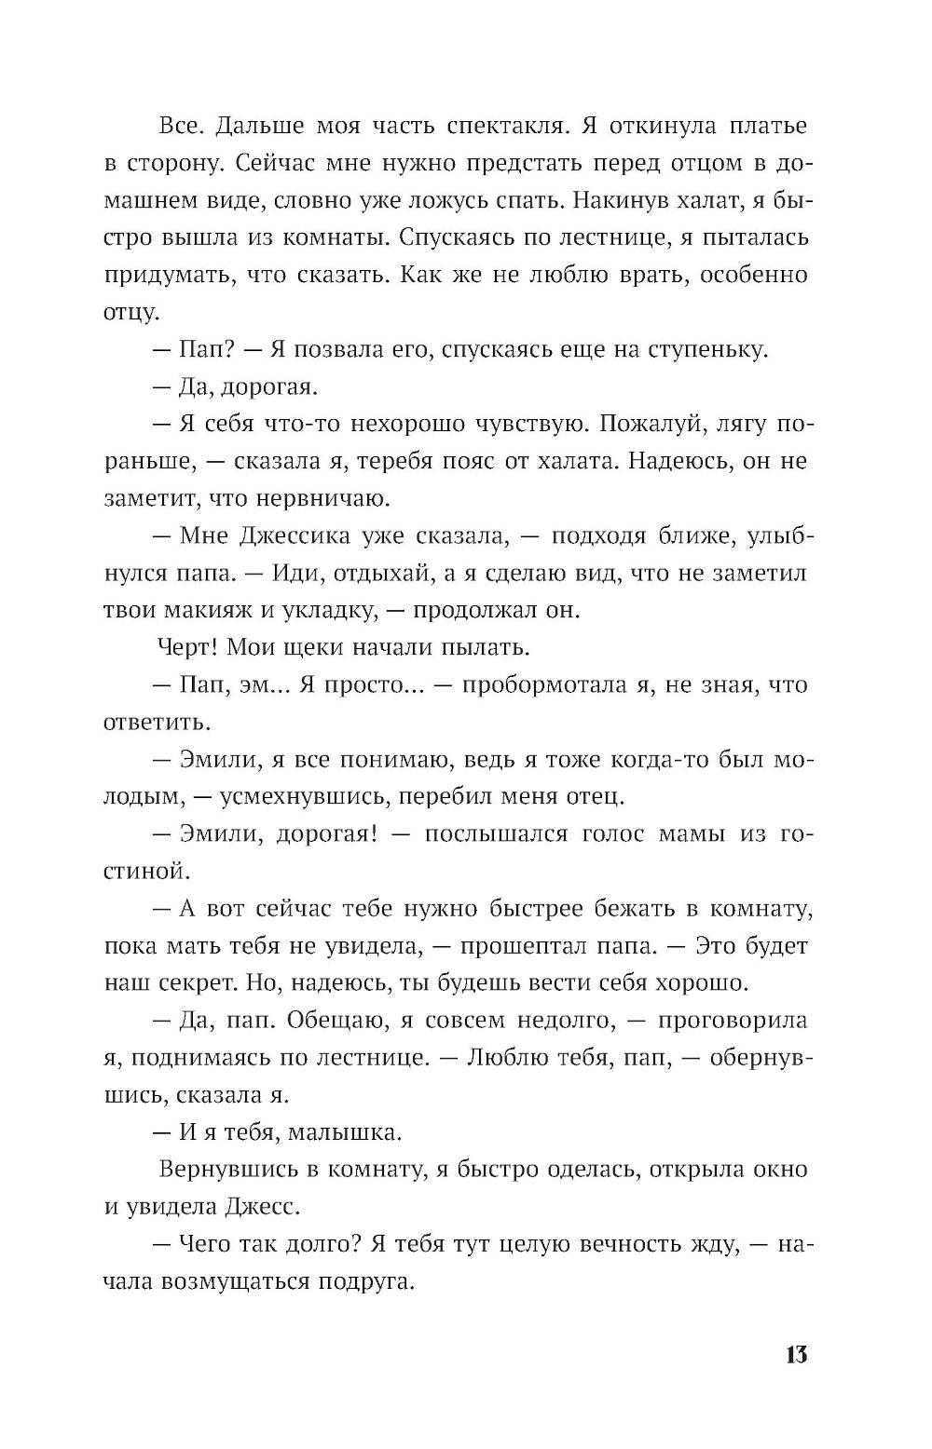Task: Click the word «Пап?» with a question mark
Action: pos(206,350)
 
